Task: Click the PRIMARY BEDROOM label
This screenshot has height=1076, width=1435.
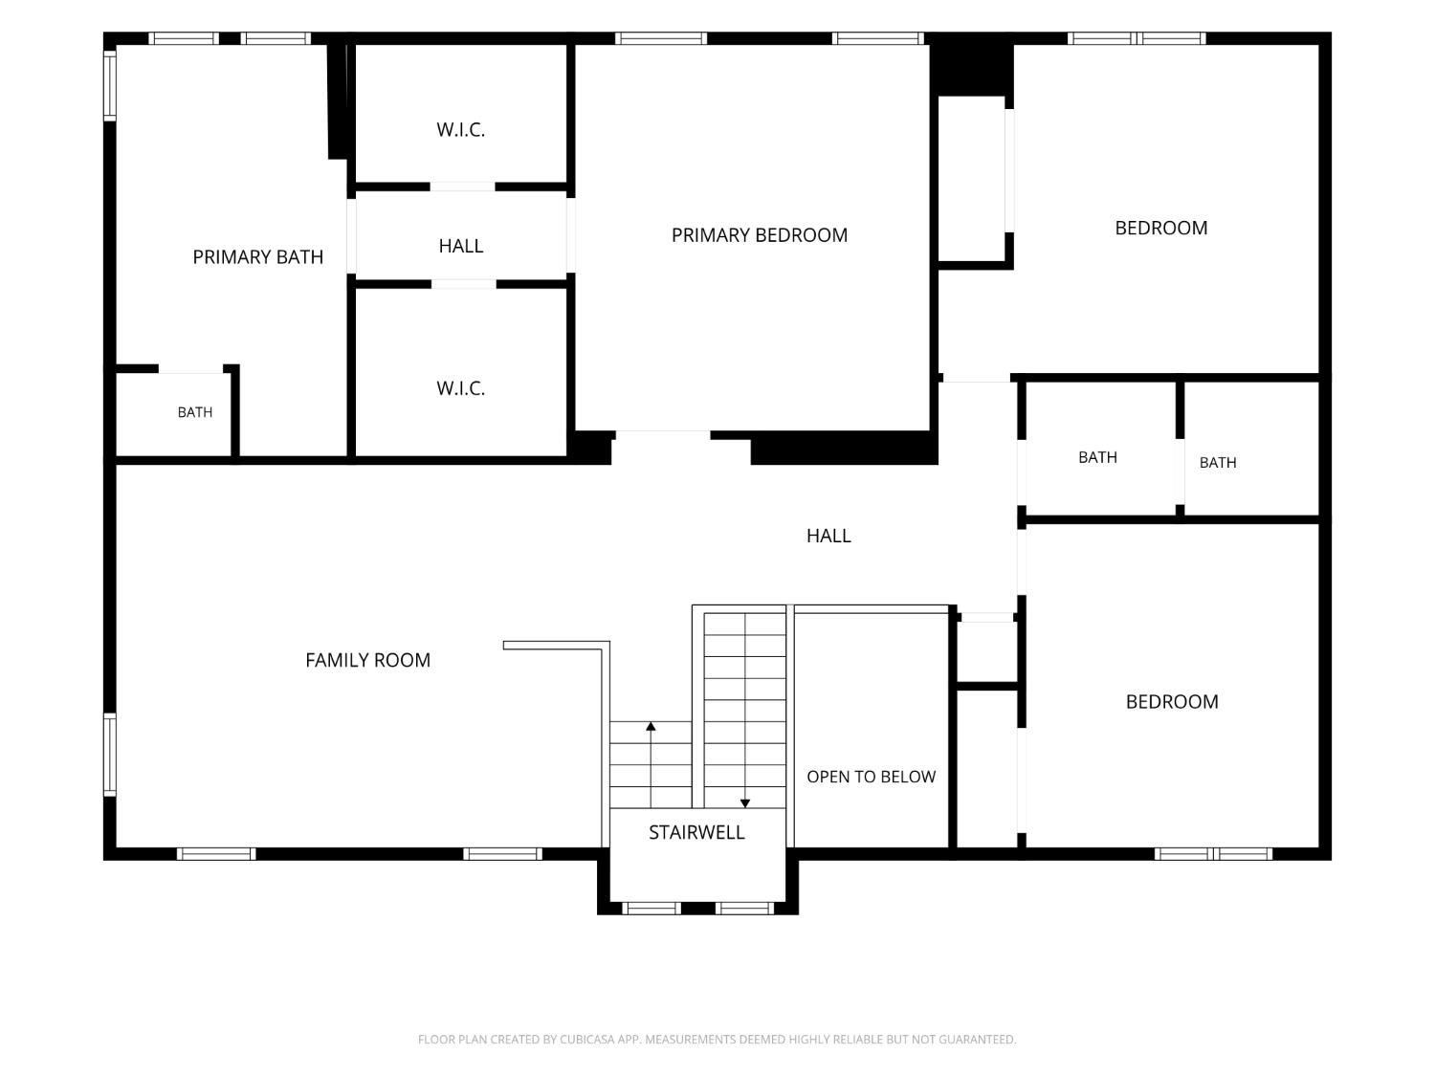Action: (759, 235)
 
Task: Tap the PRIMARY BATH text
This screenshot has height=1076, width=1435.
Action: (257, 256)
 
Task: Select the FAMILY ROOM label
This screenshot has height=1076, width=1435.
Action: (367, 660)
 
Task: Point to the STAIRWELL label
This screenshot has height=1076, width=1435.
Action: (696, 832)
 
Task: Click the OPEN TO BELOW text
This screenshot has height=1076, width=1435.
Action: (871, 777)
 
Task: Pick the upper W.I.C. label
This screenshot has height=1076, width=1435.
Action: (461, 129)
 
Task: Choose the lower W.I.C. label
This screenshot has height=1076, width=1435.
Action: (461, 388)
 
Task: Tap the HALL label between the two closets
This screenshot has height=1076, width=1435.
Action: (461, 246)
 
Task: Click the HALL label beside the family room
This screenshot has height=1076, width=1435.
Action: (828, 536)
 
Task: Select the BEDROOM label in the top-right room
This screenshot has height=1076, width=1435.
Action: (1161, 228)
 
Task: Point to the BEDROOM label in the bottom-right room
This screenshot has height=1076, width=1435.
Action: (1172, 702)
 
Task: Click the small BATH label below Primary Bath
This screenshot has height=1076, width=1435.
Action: (195, 412)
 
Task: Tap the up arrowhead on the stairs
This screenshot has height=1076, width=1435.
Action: (651, 726)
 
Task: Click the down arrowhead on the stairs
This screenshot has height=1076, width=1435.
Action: (744, 803)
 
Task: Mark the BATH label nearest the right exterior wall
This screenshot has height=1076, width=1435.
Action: (1217, 463)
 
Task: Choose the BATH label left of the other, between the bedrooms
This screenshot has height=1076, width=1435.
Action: (1097, 457)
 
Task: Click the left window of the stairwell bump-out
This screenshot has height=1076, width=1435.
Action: (651, 908)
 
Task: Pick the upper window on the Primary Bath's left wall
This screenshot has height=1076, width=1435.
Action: (110, 85)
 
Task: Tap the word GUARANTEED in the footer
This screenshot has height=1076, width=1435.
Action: (978, 1039)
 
